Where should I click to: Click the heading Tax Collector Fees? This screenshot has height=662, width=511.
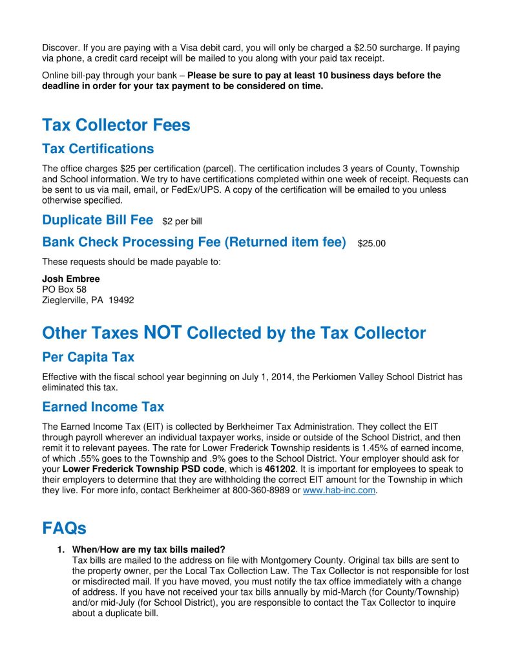[x=116, y=125]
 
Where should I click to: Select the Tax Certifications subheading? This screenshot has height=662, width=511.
[x=98, y=149]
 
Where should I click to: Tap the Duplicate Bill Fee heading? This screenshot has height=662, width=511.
[x=98, y=220]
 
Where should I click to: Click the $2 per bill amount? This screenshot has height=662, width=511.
[x=182, y=222]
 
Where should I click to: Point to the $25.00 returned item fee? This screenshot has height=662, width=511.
[x=371, y=244]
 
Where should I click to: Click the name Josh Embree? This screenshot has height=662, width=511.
[x=71, y=279]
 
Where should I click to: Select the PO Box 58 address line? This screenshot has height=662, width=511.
[x=64, y=290]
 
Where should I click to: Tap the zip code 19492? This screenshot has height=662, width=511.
[x=121, y=300]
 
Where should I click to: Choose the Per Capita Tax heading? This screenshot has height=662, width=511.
[x=89, y=357]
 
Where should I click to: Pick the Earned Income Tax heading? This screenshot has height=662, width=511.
[x=103, y=407]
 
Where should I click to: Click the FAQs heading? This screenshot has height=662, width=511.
[x=64, y=528]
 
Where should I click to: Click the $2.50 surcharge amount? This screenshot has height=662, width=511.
[x=365, y=48]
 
